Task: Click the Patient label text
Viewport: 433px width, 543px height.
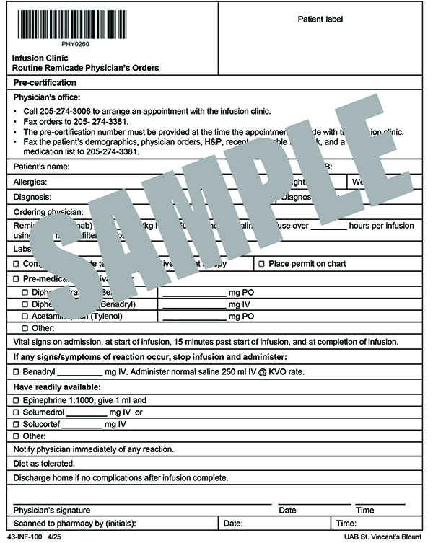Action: point(320,19)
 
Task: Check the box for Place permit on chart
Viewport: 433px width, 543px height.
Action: point(262,264)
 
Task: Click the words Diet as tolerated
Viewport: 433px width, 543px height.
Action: point(44,463)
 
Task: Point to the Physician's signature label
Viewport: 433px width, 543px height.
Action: point(53,510)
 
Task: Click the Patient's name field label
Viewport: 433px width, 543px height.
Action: point(43,167)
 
